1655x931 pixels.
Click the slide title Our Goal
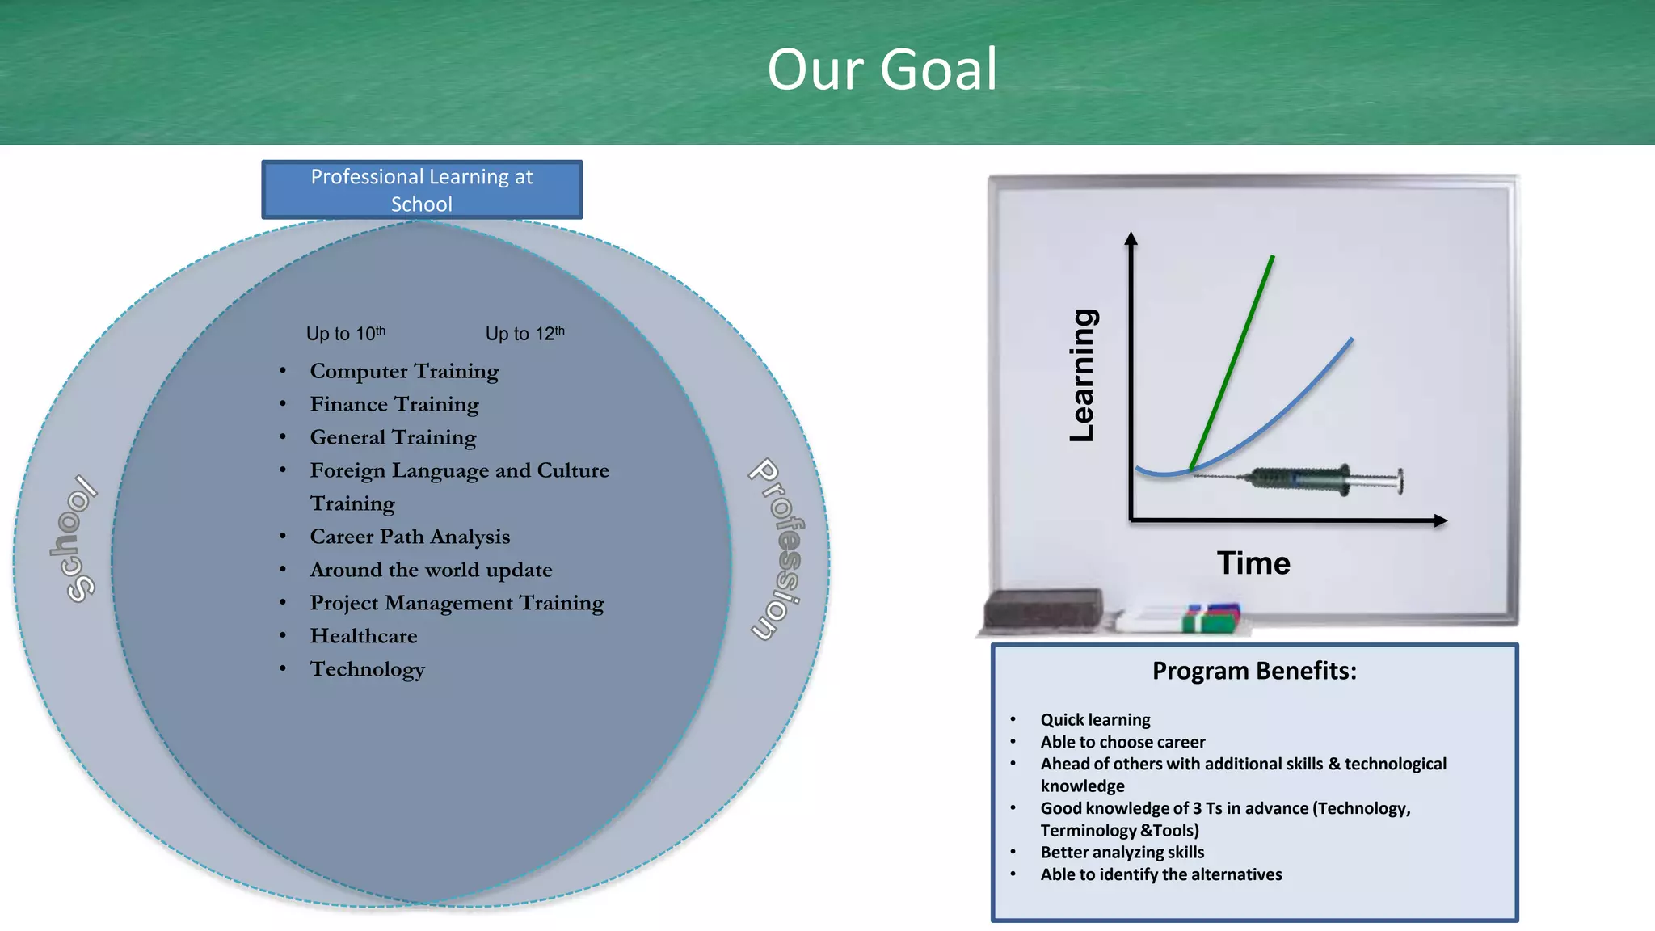(x=882, y=70)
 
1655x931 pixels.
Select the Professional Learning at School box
(x=422, y=190)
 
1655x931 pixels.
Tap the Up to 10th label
(x=346, y=334)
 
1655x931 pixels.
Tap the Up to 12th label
(x=524, y=334)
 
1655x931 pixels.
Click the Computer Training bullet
(x=404, y=371)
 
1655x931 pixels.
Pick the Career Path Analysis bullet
(x=410, y=537)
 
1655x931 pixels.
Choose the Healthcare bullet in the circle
(x=364, y=636)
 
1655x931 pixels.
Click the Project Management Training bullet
(x=457, y=603)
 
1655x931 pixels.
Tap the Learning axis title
(x=1083, y=375)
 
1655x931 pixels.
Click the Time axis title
(x=1253, y=563)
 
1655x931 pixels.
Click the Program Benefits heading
(x=1254, y=671)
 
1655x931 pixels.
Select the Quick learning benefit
(x=1095, y=720)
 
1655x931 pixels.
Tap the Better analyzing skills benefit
(x=1122, y=853)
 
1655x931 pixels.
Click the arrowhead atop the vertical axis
(x=1131, y=238)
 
